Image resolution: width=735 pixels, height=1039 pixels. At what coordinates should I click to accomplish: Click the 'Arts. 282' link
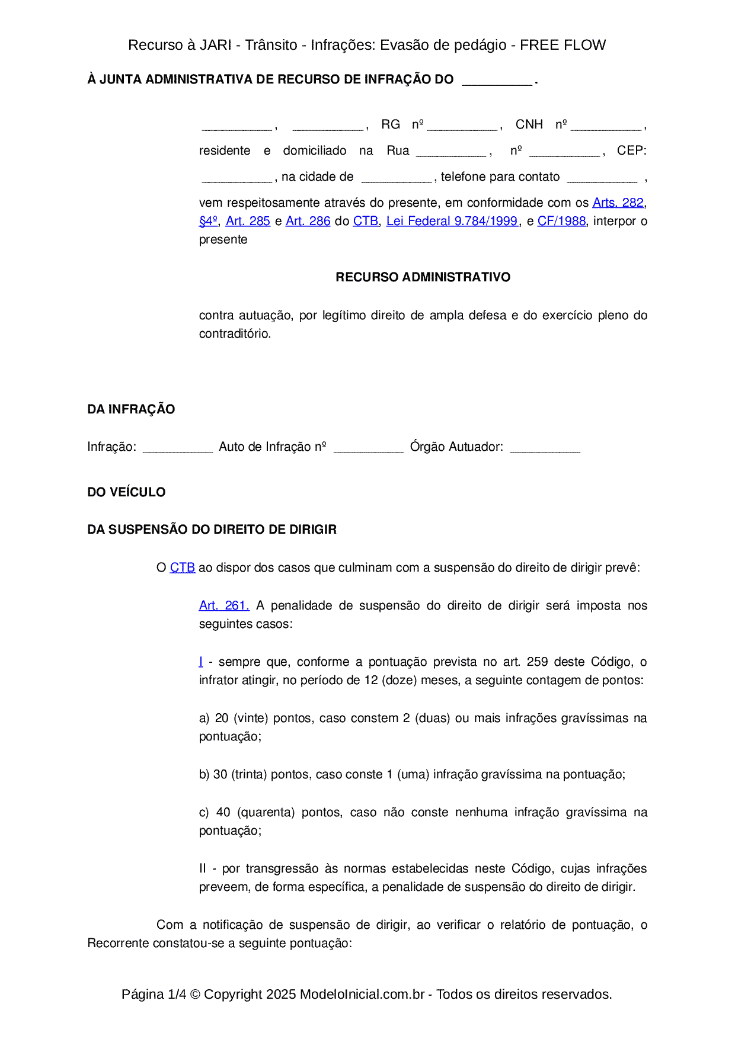pos(618,203)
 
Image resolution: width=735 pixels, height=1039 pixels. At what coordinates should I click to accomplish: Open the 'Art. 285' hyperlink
pos(248,221)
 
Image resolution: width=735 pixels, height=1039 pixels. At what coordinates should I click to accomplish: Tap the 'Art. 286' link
pos(308,221)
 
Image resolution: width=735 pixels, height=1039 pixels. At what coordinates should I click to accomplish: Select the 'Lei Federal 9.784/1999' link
pos(452,221)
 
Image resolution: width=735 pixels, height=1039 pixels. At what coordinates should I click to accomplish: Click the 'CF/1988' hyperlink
pos(561,221)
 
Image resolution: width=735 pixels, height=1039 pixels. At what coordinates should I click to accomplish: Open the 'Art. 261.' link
pos(224,605)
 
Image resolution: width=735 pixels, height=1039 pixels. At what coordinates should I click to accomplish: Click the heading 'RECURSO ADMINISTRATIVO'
pos(423,277)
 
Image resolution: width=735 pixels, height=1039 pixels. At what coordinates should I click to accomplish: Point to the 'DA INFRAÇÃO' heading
pos(131,409)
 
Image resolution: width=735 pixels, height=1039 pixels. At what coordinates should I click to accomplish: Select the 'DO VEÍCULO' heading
pos(126,492)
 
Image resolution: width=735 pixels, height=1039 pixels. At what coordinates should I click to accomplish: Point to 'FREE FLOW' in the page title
pos(563,45)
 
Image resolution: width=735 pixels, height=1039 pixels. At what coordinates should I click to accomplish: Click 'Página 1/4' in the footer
pos(154,994)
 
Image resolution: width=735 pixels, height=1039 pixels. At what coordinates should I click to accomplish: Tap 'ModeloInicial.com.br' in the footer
pos(362,994)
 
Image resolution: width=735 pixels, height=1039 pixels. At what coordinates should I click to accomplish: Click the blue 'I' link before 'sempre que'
pos(201,662)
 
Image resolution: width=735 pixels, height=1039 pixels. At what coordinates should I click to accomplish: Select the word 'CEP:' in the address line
pos(631,150)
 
